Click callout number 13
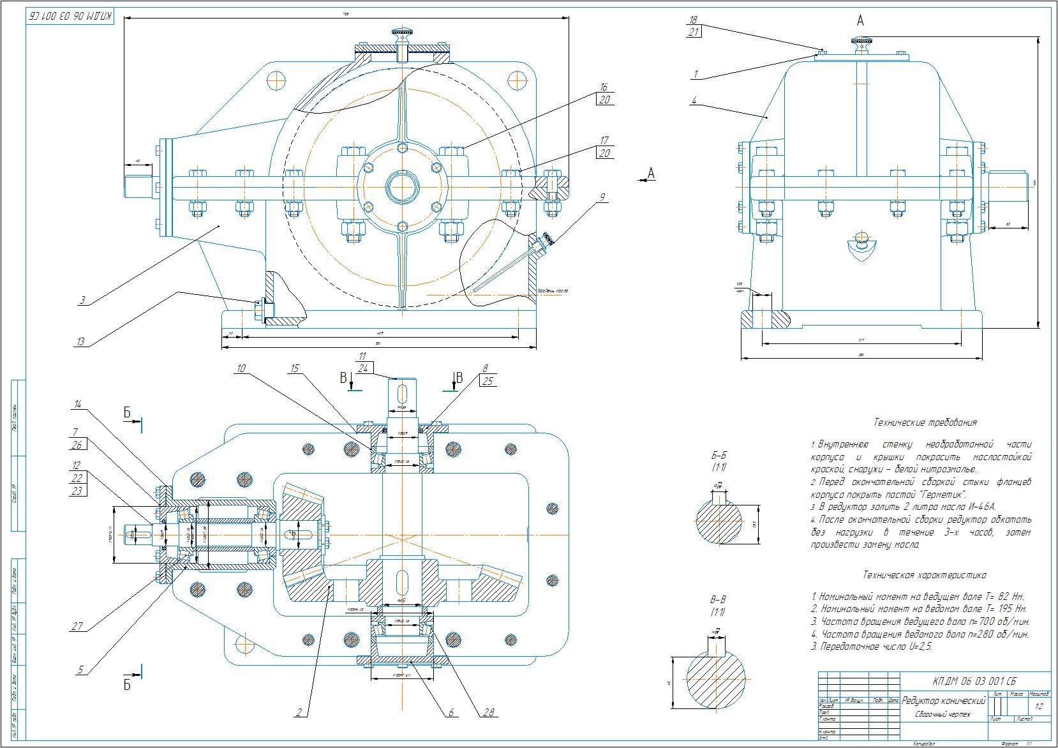tap(80, 341)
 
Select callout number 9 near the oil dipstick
tap(601, 197)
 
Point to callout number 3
tap(82, 299)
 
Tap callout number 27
tap(78, 626)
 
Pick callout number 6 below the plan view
tap(451, 712)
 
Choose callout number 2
tap(298, 713)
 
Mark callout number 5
tap(80, 669)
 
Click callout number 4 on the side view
tap(694, 100)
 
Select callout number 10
tap(241, 368)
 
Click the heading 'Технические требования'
tap(924, 423)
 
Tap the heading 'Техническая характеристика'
tap(924, 575)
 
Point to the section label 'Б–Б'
tap(719, 456)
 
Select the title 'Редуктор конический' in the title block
tap(943, 701)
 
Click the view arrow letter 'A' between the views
tap(651, 173)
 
